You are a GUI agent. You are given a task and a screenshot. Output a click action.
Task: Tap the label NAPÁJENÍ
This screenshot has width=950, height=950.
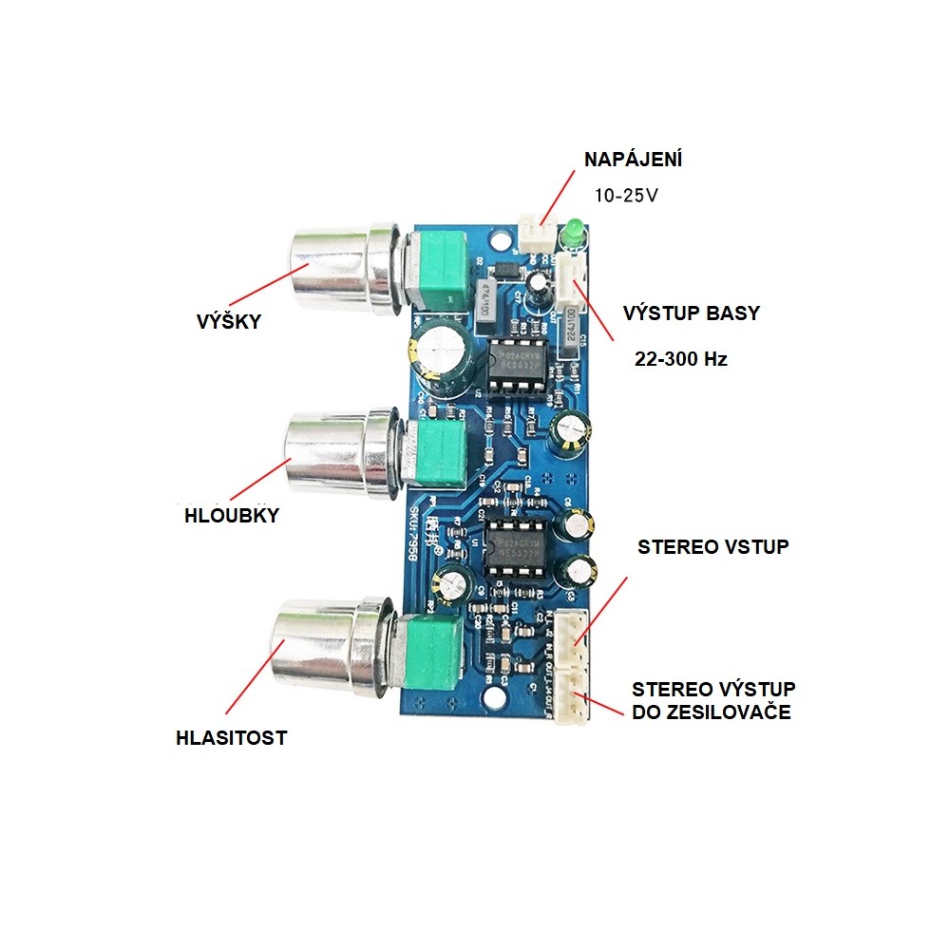(x=633, y=160)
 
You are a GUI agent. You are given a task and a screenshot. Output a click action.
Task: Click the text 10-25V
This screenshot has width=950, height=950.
(x=625, y=196)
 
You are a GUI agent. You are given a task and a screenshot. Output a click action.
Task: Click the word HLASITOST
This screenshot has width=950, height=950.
(x=231, y=737)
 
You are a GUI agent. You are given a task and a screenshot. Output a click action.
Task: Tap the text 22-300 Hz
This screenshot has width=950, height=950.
(x=680, y=360)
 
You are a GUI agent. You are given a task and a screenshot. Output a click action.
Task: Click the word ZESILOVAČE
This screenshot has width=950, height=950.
(x=712, y=712)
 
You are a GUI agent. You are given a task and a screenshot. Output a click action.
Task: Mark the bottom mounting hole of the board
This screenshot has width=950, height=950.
(x=494, y=701)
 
